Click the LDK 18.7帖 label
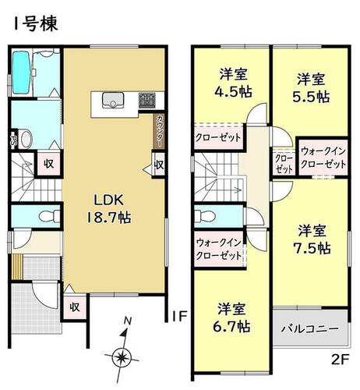108,209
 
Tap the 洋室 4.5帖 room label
233,83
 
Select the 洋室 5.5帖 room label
311,88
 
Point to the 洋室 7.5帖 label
312,239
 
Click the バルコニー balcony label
310,329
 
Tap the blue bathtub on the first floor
21,73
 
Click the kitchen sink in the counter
113,100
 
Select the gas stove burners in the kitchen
146,100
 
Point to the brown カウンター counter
158,131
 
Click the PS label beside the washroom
13,140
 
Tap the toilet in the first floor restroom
49,216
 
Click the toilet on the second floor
205,216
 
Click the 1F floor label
179,317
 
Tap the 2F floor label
340,360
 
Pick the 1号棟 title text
36,23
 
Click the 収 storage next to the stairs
49,164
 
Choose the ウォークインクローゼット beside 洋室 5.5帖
323,158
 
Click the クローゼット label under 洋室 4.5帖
218,137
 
